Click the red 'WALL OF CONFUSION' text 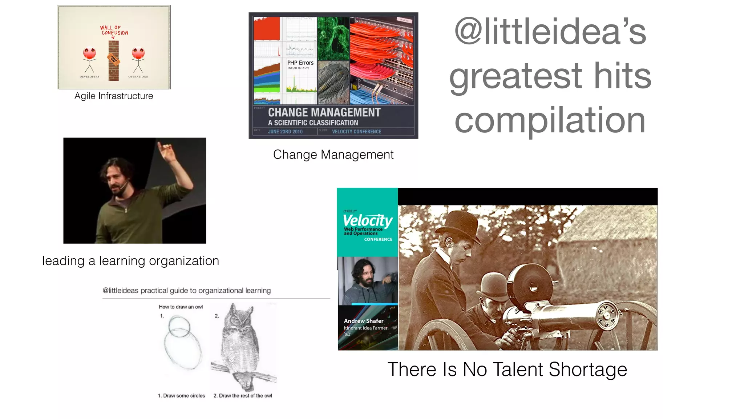click(x=114, y=30)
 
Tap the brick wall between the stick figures click(x=113, y=60)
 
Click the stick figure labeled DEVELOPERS click(x=89, y=60)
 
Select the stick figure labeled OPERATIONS click(x=138, y=60)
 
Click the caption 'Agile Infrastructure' click(x=114, y=96)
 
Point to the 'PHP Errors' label click(x=300, y=63)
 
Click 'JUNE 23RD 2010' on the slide click(x=285, y=132)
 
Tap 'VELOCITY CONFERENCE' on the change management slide click(x=356, y=132)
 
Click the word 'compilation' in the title click(x=550, y=120)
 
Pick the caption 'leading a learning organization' click(x=130, y=261)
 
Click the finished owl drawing click(x=241, y=347)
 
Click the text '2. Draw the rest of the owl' click(x=243, y=396)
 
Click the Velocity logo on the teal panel click(x=368, y=221)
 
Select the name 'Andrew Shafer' click(x=364, y=321)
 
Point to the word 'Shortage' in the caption click(x=587, y=370)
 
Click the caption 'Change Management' click(x=333, y=155)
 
